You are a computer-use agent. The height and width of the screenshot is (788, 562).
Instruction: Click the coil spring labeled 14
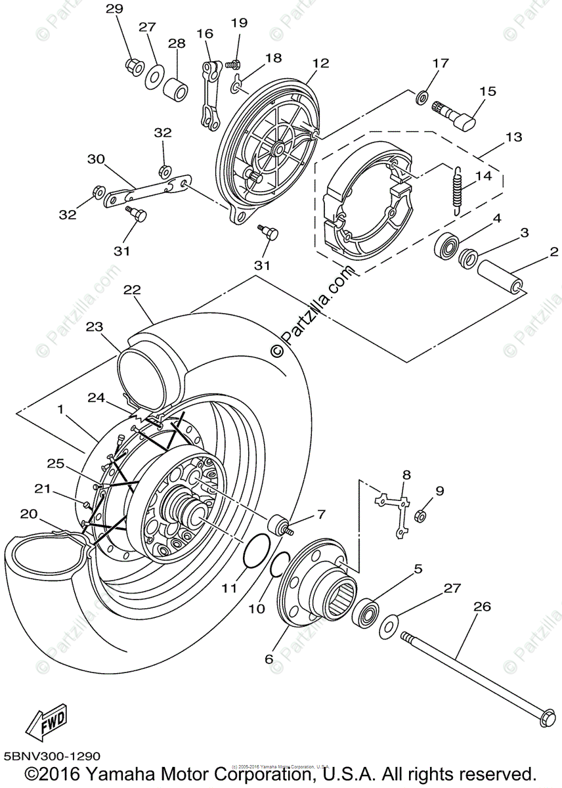(457, 188)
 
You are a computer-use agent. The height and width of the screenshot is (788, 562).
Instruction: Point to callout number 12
(320, 64)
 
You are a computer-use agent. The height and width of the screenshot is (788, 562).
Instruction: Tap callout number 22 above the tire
(132, 290)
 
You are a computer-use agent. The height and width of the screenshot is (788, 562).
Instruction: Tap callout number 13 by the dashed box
(513, 138)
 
